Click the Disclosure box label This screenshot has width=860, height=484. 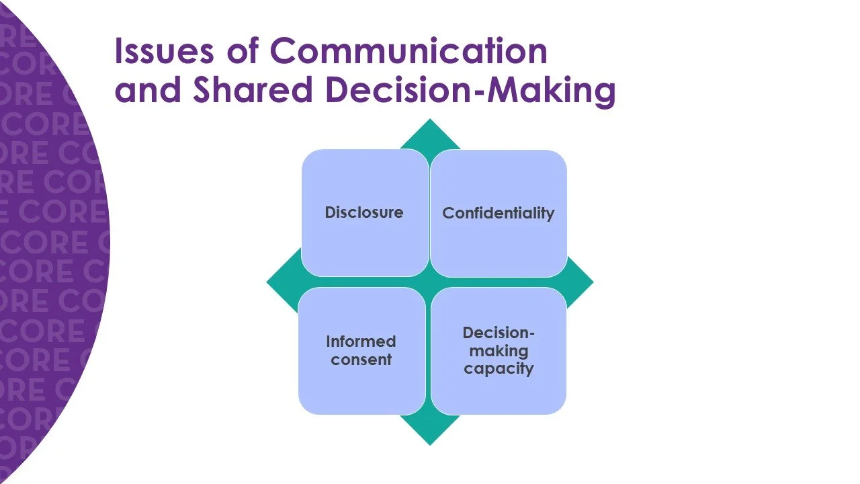[364, 212]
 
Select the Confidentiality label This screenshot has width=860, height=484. [498, 213]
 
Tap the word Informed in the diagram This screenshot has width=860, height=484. [361, 341]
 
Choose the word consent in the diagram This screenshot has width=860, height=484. [361, 360]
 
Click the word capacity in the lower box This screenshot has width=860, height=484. [499, 368]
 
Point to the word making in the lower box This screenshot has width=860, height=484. [499, 351]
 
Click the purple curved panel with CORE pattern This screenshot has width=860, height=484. [40, 242]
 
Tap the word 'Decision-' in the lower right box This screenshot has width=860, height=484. [499, 333]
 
